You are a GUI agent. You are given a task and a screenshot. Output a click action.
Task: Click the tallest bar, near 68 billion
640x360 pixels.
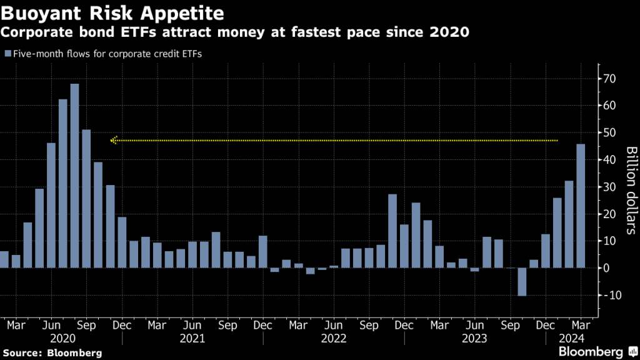(74, 176)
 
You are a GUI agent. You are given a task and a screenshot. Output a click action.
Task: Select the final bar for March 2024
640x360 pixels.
(581, 206)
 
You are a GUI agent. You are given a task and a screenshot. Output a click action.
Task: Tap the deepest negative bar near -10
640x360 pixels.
(522, 282)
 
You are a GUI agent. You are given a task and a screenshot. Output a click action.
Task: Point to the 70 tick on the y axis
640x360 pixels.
(611, 79)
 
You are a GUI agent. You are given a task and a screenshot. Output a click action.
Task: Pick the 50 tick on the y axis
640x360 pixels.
(611, 132)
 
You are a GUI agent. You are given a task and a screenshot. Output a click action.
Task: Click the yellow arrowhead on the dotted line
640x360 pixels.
(113, 141)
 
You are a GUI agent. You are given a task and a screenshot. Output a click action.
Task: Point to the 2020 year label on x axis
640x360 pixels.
(62, 338)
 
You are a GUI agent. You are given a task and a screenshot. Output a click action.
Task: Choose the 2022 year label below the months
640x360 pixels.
(334, 338)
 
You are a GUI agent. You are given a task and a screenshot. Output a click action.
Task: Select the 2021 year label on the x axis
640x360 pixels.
(192, 338)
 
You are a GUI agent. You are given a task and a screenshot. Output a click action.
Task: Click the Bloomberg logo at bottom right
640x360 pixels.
(597, 351)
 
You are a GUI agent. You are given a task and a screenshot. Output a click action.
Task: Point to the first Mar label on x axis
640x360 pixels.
(16, 325)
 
